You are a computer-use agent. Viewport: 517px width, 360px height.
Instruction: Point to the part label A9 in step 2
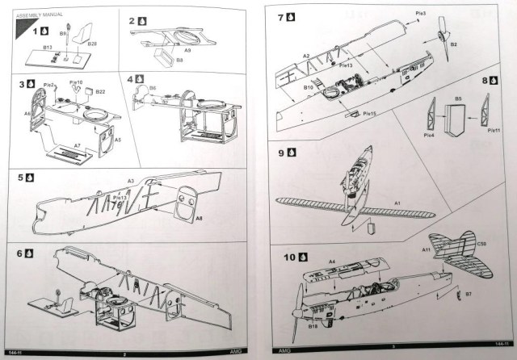click(x=187, y=51)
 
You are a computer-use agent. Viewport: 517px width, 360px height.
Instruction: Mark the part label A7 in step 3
click(x=76, y=145)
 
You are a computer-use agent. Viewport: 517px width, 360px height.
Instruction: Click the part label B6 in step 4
click(x=153, y=87)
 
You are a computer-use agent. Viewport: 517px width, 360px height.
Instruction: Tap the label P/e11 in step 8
click(x=494, y=130)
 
